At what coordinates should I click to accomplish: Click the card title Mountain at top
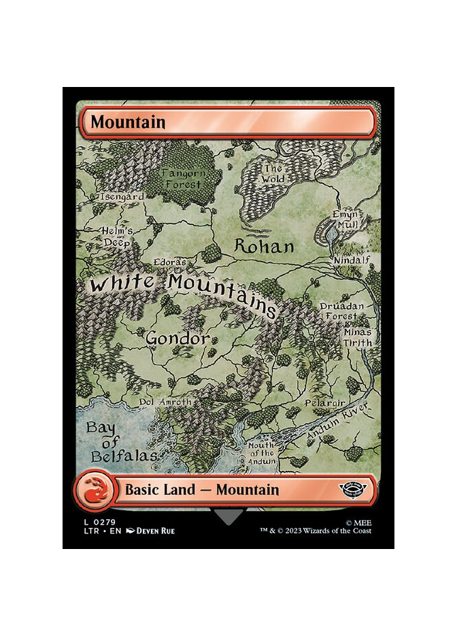pyautogui.click(x=128, y=122)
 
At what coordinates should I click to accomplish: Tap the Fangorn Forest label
pyautogui.click(x=182, y=179)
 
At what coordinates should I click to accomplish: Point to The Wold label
pyautogui.click(x=273, y=174)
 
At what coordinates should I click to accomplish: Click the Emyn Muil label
pyautogui.click(x=345, y=219)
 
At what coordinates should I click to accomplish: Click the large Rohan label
pyautogui.click(x=264, y=247)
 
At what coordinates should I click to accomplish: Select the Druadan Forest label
pyautogui.click(x=337, y=311)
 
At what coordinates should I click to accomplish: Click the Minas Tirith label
pyautogui.click(x=358, y=338)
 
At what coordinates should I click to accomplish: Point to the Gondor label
pyautogui.click(x=176, y=338)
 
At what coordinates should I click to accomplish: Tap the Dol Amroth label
pyautogui.click(x=165, y=402)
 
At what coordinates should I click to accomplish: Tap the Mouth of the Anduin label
pyautogui.click(x=262, y=453)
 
